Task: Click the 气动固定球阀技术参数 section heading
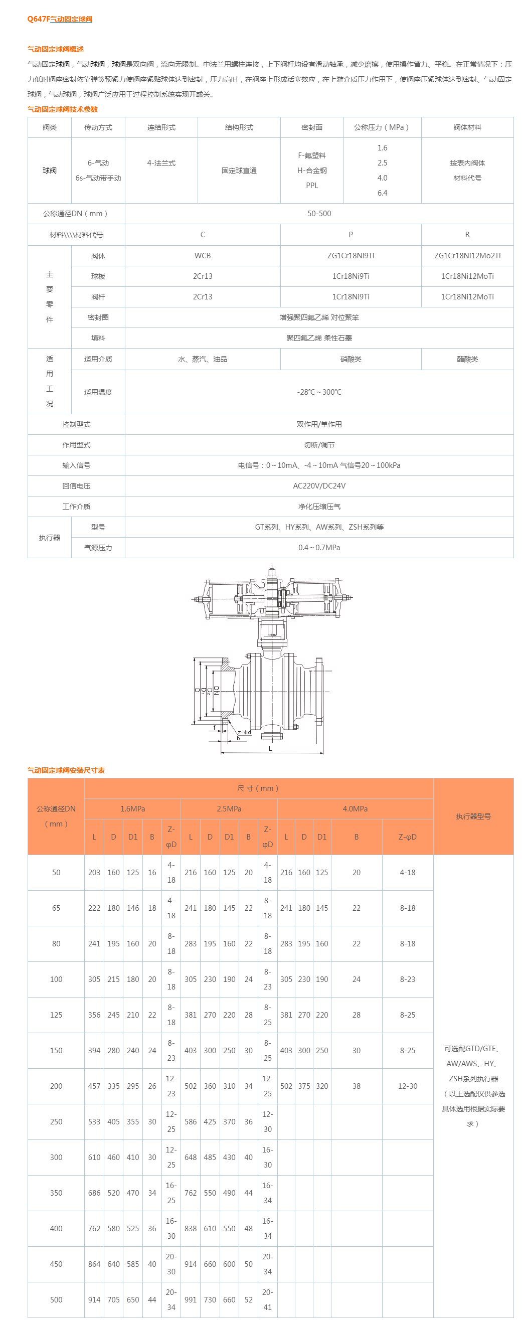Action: [63, 109]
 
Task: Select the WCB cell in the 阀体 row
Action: [203, 255]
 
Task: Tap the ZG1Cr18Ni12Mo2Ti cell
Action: [467, 255]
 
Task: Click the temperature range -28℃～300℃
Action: [318, 392]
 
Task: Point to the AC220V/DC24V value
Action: [318, 486]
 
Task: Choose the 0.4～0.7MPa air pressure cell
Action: [318, 547]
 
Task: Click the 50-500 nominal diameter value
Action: [318, 213]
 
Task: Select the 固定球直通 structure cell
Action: [239, 171]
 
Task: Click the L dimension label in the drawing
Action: [270, 748]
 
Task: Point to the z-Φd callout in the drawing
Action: [244, 732]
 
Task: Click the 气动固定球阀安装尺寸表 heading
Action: [66, 770]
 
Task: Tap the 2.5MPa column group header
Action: [229, 808]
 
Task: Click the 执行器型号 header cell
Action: [473, 816]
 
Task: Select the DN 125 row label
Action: [56, 1015]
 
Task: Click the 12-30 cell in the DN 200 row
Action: [407, 1086]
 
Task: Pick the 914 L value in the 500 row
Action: [94, 1299]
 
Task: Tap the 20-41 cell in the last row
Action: [267, 1299]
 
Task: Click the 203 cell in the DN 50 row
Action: [94, 872]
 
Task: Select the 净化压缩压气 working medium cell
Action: [318, 506]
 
